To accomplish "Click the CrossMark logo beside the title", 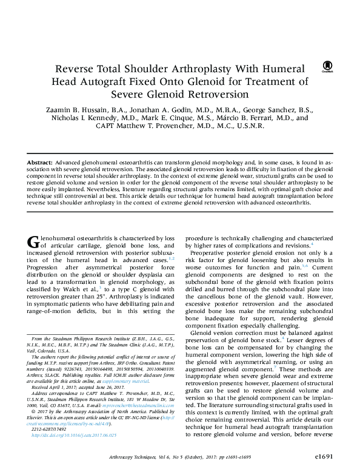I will tap(327, 66).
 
